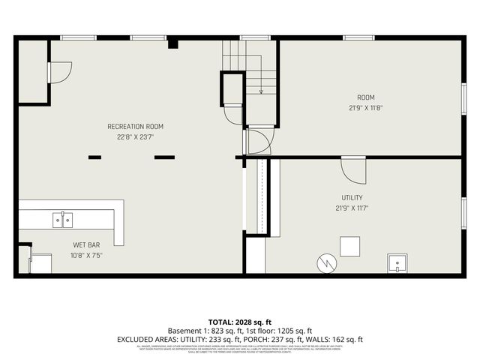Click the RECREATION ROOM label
pyautogui.click(x=135, y=127)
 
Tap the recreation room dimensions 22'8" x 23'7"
pyautogui.click(x=135, y=137)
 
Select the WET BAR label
pyautogui.click(x=86, y=245)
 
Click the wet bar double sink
pyautogui.click(x=62, y=219)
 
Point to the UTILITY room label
pyautogui.click(x=352, y=198)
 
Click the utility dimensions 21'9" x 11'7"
pyautogui.click(x=352, y=208)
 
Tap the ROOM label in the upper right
pyautogui.click(x=365, y=97)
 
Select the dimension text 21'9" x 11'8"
pyautogui.click(x=365, y=107)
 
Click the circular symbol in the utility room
pyautogui.click(x=326, y=263)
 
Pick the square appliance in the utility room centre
pyautogui.click(x=350, y=247)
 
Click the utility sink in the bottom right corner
pyautogui.click(x=397, y=263)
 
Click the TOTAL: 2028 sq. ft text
pyautogui.click(x=240, y=322)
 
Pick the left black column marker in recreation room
pyautogui.click(x=94, y=157)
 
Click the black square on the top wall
pyautogui.click(x=172, y=43)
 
